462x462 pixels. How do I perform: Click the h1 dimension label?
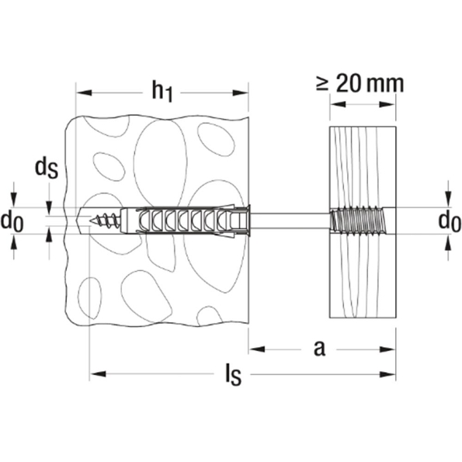pyautogui.click(x=162, y=92)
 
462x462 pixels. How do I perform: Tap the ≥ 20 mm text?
pyautogui.click(x=360, y=84)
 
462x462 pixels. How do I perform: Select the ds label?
pyautogui.click(x=47, y=168)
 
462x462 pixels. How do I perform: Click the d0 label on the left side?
pyautogui.click(x=12, y=221)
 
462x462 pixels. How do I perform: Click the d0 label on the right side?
pyautogui.click(x=450, y=221)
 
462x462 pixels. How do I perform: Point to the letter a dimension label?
pyautogui.click(x=319, y=349)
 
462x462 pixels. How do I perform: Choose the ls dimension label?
pyautogui.click(x=234, y=375)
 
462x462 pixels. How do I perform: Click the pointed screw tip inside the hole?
pyautogui.click(x=91, y=220)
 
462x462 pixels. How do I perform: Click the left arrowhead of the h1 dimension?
pyautogui.click(x=84, y=93)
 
